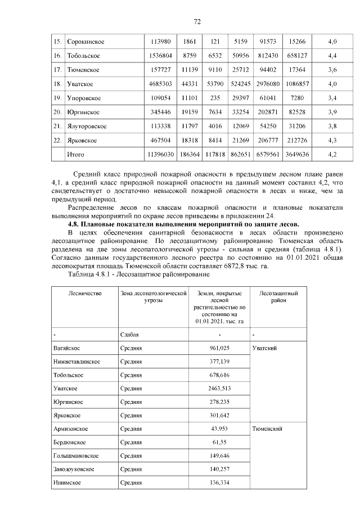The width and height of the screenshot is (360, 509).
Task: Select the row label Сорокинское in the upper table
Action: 85,42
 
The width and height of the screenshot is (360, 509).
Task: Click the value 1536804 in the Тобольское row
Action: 161,56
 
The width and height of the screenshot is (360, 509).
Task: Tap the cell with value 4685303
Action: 161,84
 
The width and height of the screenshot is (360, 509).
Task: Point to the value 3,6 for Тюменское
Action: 332,70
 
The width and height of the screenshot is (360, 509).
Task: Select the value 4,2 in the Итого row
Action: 332,154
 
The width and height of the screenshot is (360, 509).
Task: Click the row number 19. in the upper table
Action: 57,98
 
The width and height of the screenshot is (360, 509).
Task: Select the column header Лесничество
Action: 84,294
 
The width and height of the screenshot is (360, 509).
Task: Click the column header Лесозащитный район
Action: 278,297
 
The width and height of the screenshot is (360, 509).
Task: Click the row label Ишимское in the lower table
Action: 66,483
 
